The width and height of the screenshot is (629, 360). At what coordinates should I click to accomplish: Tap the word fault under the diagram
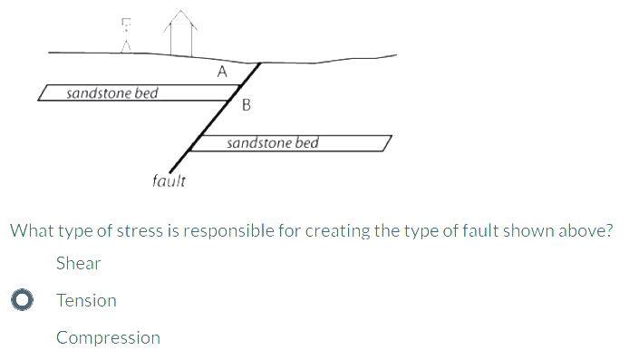coord(169,180)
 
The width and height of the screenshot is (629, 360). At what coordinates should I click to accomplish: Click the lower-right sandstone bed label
coord(273,143)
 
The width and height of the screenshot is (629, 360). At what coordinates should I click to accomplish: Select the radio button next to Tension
coord(24,300)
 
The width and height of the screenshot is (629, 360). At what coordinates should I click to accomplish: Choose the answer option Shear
coord(78,264)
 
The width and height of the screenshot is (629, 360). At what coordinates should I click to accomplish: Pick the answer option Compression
coord(108,338)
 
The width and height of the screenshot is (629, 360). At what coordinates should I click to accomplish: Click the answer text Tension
coord(86,300)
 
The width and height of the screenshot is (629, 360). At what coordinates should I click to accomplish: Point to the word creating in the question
coord(337,230)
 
